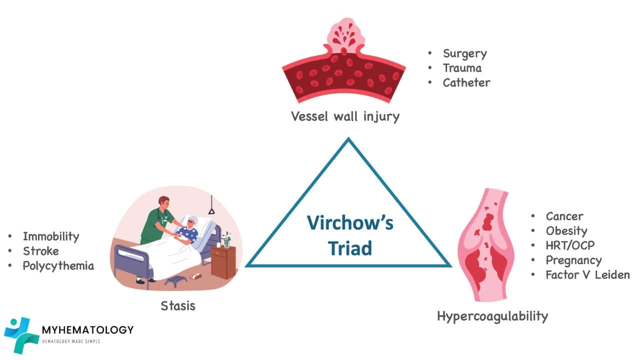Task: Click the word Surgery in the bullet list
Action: [464, 53]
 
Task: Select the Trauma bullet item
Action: [462, 68]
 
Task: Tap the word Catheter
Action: [466, 82]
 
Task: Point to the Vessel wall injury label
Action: [345, 116]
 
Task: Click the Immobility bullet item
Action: [51, 236]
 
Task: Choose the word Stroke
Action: [40, 251]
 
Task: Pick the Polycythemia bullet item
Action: [58, 265]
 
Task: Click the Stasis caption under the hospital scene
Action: [178, 305]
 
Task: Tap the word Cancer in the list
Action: [564, 216]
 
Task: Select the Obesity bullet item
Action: [566, 231]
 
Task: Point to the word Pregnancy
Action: [573, 260]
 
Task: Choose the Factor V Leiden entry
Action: [587, 274]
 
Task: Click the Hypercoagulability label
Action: [492, 316]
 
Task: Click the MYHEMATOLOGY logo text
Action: [88, 329]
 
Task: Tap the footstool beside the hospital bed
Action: [176, 279]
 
